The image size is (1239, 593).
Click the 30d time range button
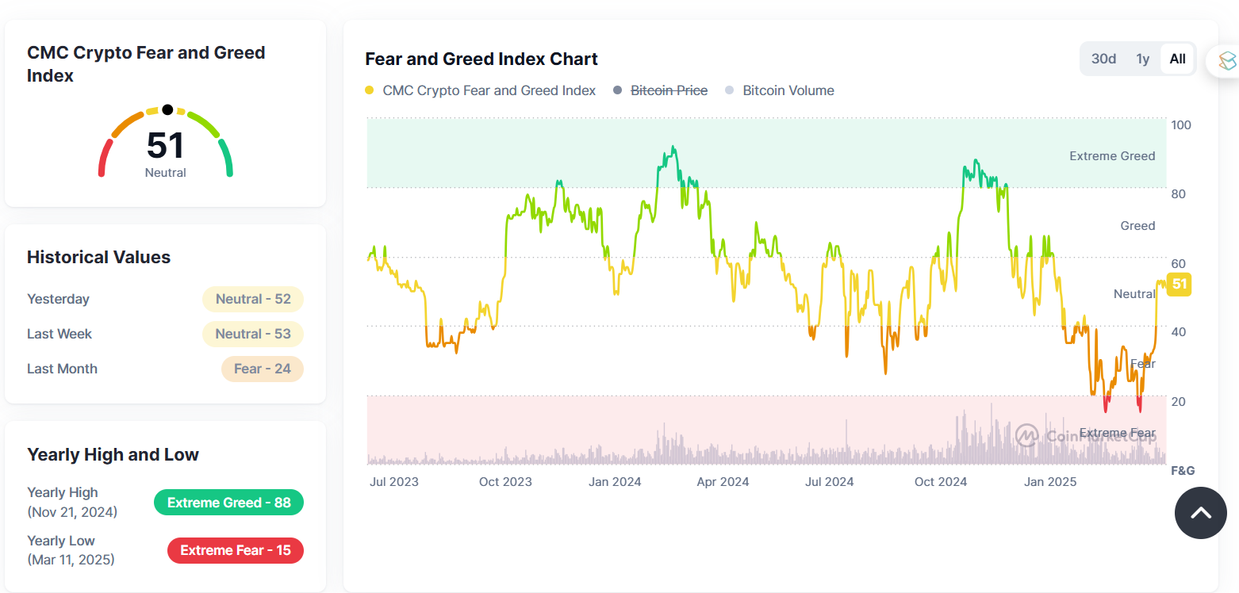[x=1103, y=59]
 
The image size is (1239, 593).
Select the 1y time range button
[x=1142, y=59]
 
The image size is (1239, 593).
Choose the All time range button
[x=1177, y=59]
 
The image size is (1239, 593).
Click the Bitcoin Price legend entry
[x=668, y=90]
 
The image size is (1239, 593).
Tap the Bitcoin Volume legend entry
[x=788, y=90]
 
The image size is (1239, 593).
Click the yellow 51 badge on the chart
[x=1180, y=284]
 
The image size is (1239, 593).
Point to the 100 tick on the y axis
[x=1181, y=125]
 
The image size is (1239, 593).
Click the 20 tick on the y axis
[x=1179, y=402]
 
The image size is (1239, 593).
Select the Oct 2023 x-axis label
[x=505, y=481]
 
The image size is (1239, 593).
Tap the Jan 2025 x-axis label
[x=1050, y=481]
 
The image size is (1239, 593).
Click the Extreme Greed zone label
[x=1112, y=156]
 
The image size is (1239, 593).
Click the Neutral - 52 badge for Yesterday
[x=253, y=299]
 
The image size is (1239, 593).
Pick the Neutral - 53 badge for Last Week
[x=253, y=334]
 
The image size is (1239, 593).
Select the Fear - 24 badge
[x=262, y=369]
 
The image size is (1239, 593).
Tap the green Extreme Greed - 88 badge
[x=228, y=503]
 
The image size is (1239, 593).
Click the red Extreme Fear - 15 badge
[x=235, y=550]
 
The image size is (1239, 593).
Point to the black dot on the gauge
[x=167, y=109]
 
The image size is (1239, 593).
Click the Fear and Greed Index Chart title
[x=481, y=59]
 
